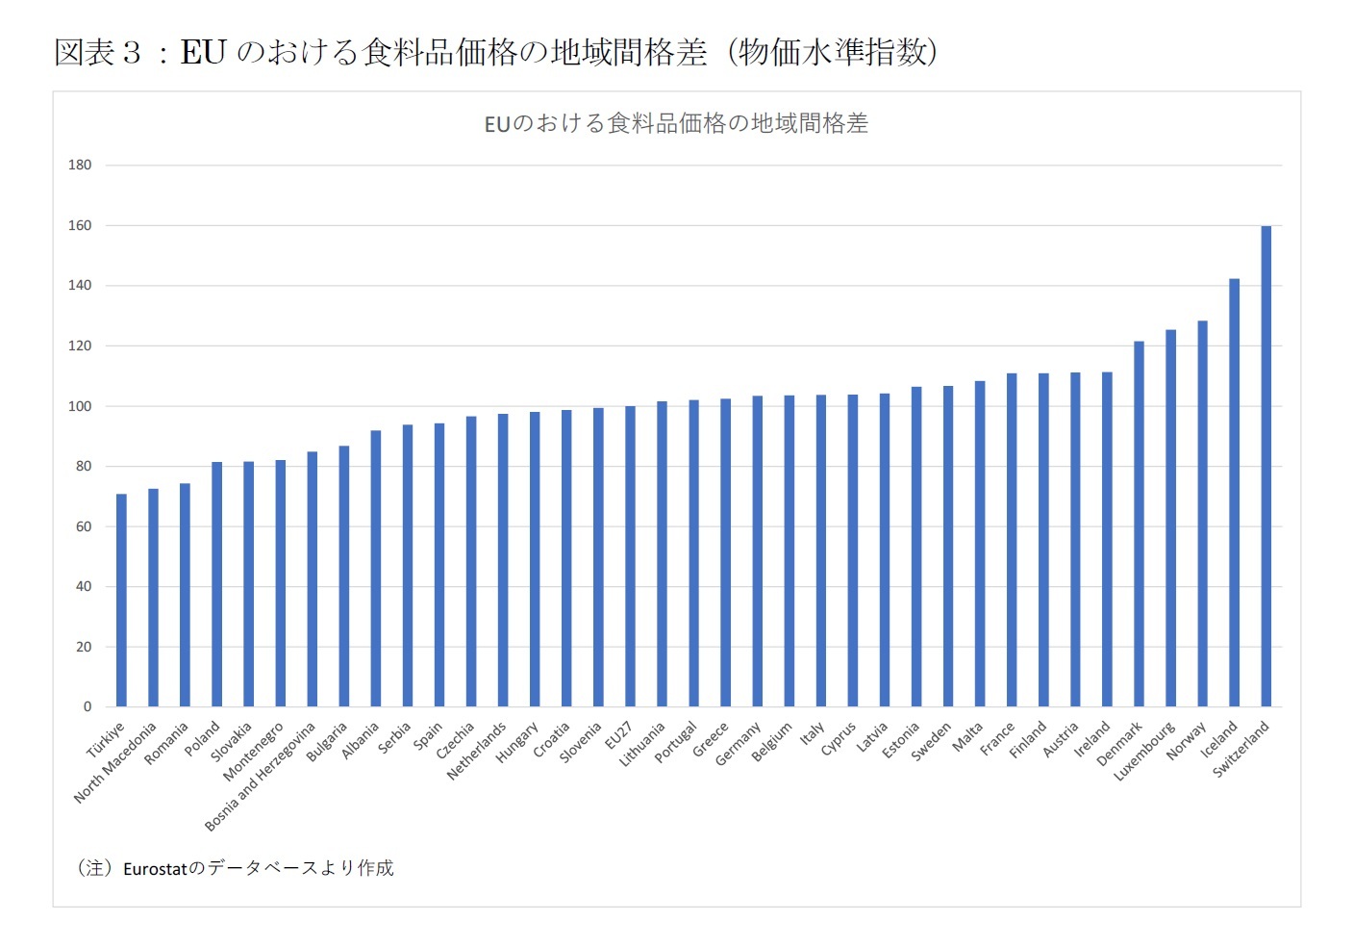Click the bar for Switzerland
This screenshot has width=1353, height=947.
click(1265, 467)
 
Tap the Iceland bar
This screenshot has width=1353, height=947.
click(1234, 493)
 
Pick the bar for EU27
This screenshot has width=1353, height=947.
click(630, 556)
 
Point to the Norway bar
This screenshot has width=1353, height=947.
click(1202, 514)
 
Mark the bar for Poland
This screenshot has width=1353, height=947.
click(216, 584)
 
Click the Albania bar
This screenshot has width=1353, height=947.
click(375, 569)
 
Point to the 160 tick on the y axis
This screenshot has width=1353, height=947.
click(80, 225)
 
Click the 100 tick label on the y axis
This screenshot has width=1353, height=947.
click(80, 406)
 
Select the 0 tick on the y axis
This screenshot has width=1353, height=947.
click(88, 706)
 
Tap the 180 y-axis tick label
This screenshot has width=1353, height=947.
click(80, 165)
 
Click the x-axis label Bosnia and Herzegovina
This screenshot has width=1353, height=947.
click(260, 777)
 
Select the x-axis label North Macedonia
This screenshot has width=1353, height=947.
click(115, 762)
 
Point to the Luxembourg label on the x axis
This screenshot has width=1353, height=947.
click(1144, 751)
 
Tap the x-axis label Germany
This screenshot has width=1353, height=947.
click(739, 743)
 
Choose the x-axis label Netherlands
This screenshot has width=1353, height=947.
click(476, 751)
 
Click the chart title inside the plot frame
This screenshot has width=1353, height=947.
click(676, 123)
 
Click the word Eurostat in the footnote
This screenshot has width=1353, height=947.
click(155, 869)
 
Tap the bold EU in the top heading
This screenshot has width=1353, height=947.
click(203, 52)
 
